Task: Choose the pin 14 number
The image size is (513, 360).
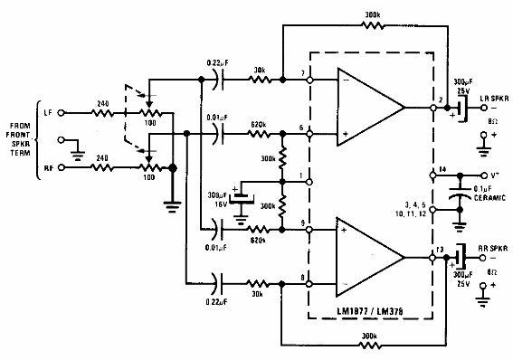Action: tap(442, 169)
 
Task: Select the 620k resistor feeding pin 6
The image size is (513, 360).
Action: tap(259, 134)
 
